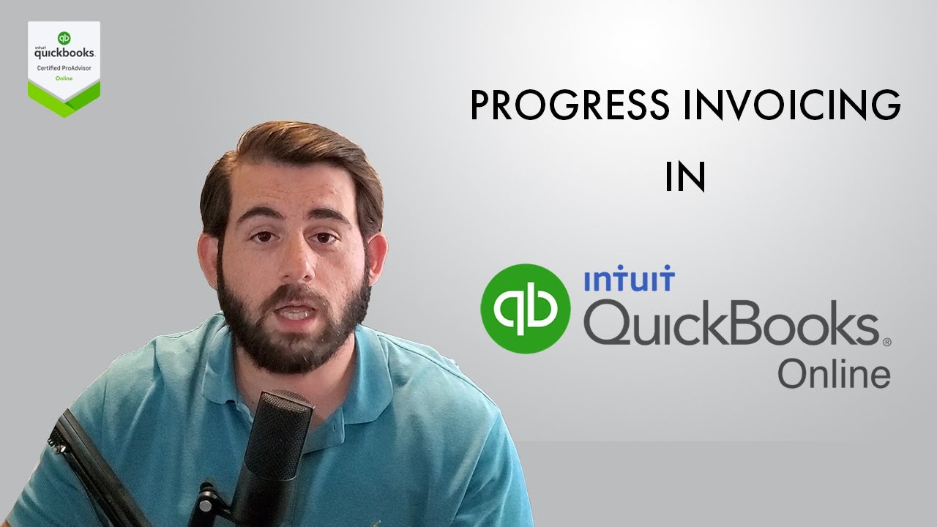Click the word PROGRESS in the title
click(569, 107)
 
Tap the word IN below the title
click(684, 178)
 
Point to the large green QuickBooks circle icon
click(525, 309)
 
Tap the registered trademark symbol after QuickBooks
click(886, 341)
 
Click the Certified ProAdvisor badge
click(64, 70)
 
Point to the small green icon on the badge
click(64, 38)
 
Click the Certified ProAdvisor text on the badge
click(64, 68)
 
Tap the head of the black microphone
click(282, 432)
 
